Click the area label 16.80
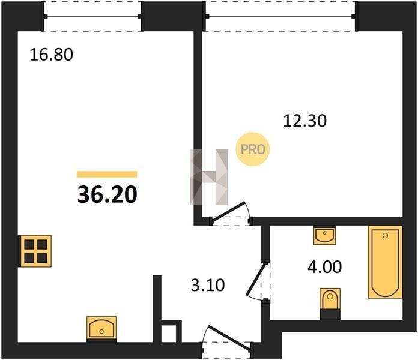pos(51,55)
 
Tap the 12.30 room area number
pos(304,121)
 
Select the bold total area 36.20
pos(107,194)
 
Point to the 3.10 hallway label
pos(208,285)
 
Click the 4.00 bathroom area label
pos(324,267)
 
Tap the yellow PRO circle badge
pos(252,149)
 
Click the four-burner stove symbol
pos(35,251)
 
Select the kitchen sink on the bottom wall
pos(101,328)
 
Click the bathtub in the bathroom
pos(385,262)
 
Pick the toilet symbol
pos(330,303)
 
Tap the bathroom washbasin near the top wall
pos(324,235)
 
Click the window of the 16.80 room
pos(92,16)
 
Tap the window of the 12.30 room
pos(280,16)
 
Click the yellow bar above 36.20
pos(107,175)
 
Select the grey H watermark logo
pos(209,177)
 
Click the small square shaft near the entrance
pos(169,334)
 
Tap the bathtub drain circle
pos(385,235)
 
